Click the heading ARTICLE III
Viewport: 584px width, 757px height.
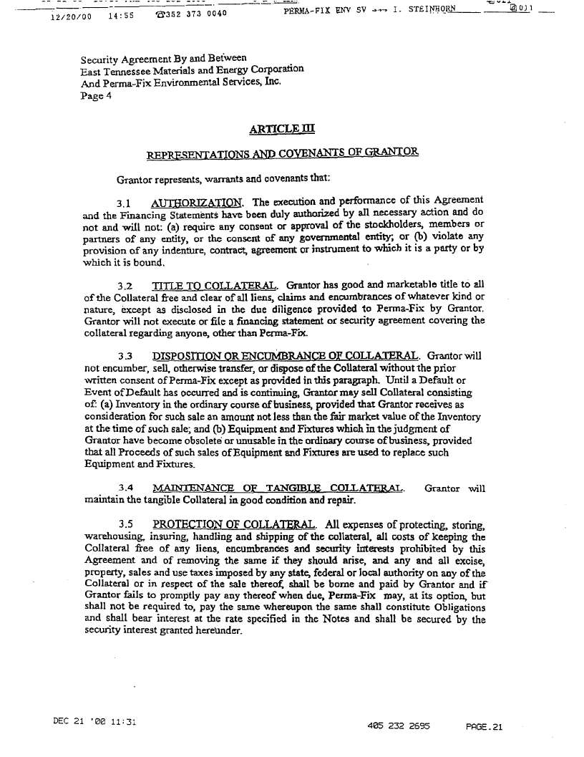(x=281, y=130)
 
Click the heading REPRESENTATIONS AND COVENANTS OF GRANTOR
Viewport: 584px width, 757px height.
(x=283, y=154)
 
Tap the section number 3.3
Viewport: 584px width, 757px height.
(x=127, y=357)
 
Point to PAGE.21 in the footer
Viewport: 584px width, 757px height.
(x=485, y=725)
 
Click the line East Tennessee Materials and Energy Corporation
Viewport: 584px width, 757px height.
(x=192, y=69)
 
